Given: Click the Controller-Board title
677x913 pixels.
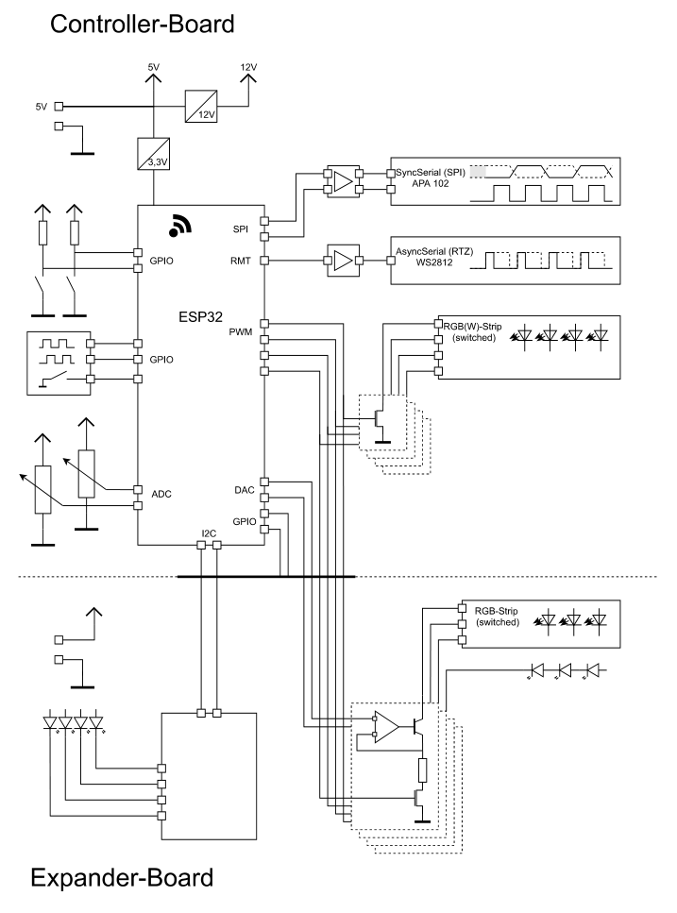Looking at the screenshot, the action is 142,25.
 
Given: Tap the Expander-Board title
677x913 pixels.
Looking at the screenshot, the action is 122,877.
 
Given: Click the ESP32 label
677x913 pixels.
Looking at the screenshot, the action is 200,316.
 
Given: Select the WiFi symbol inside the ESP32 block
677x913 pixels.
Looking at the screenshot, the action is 180,226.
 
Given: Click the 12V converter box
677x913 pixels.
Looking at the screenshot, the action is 201,106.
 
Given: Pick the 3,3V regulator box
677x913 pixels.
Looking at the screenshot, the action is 154,154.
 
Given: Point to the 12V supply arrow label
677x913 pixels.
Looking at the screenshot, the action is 248,67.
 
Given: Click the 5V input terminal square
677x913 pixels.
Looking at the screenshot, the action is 59,107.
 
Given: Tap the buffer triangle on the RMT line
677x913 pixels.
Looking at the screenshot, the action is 344,261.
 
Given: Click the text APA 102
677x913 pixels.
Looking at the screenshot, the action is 431,183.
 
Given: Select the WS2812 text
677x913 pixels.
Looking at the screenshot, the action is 434,262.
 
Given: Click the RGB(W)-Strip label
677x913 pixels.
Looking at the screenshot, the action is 473,327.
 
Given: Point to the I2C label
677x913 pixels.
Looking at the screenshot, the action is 209,533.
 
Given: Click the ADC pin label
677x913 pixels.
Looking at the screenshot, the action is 161,495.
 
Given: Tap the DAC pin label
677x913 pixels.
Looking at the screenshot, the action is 245,490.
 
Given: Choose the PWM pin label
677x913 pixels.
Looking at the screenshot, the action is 241,332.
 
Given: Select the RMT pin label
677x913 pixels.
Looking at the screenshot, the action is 241,261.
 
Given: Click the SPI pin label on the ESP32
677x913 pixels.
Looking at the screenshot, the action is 241,229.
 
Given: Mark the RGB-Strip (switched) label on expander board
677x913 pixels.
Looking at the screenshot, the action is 497,617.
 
